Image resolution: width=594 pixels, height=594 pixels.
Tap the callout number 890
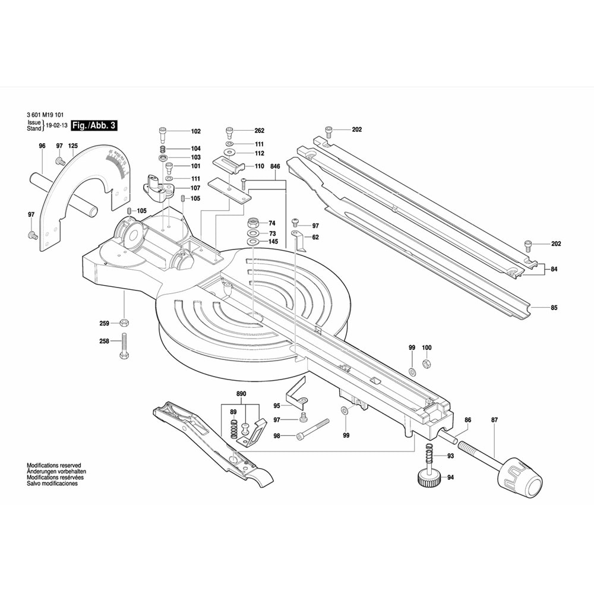click(x=241, y=394)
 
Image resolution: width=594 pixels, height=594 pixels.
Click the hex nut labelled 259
click(x=124, y=323)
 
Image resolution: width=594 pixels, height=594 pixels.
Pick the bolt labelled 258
click(x=124, y=345)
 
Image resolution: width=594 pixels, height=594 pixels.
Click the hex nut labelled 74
click(x=252, y=223)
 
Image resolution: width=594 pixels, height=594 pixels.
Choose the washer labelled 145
click(x=252, y=242)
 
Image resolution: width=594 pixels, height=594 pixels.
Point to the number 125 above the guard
click(x=73, y=146)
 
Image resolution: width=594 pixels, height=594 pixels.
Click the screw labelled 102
click(x=163, y=131)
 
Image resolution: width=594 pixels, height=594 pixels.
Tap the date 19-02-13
click(x=56, y=127)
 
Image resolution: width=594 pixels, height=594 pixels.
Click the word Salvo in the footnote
click(x=35, y=484)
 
